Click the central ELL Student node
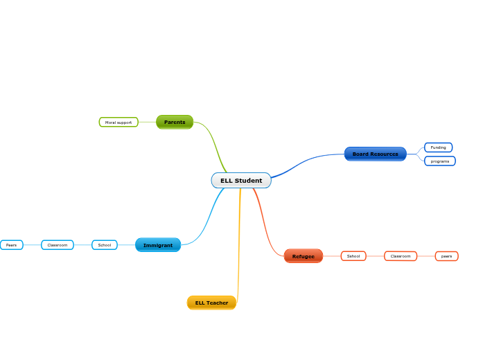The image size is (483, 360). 241,181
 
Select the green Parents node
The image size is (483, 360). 175,122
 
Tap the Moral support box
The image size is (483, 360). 118,123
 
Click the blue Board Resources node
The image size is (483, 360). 375,154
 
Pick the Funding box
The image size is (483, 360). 438,147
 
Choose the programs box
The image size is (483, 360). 439,161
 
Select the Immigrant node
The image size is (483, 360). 158,245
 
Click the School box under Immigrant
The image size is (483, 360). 105,245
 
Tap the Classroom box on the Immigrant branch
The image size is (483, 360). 58,245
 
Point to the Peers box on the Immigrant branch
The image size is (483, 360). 11,245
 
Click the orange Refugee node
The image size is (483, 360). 303,256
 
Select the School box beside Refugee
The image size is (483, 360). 353,256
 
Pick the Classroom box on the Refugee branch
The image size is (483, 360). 401,256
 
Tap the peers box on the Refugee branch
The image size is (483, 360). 446,256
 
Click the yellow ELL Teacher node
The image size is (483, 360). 211,303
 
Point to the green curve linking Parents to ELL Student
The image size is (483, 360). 214,142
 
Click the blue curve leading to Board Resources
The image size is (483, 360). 305,164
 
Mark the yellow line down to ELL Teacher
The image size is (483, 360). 239,242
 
